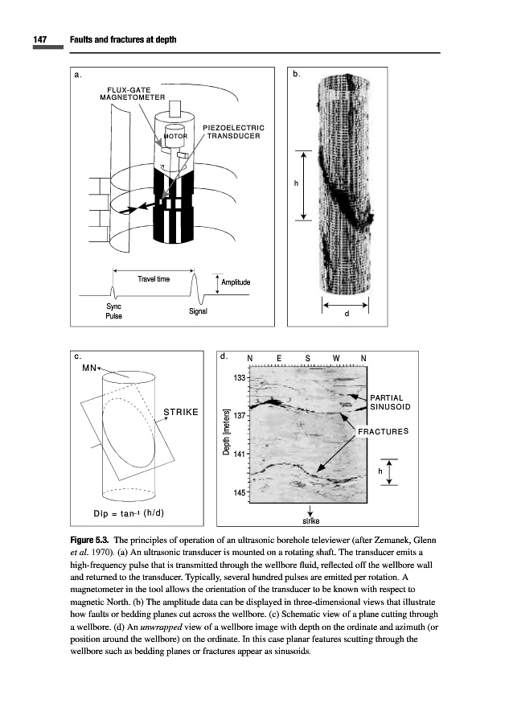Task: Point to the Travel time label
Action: coord(154,279)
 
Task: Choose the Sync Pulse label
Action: coord(114,311)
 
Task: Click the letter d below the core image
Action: coord(346,315)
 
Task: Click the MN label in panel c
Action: coord(89,368)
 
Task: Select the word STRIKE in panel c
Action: coord(181,413)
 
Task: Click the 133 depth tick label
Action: coord(240,378)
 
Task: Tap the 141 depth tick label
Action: coord(240,454)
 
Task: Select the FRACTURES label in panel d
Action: coord(383,432)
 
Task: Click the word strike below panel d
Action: coord(310,520)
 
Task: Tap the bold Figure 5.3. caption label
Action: coord(88,538)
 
